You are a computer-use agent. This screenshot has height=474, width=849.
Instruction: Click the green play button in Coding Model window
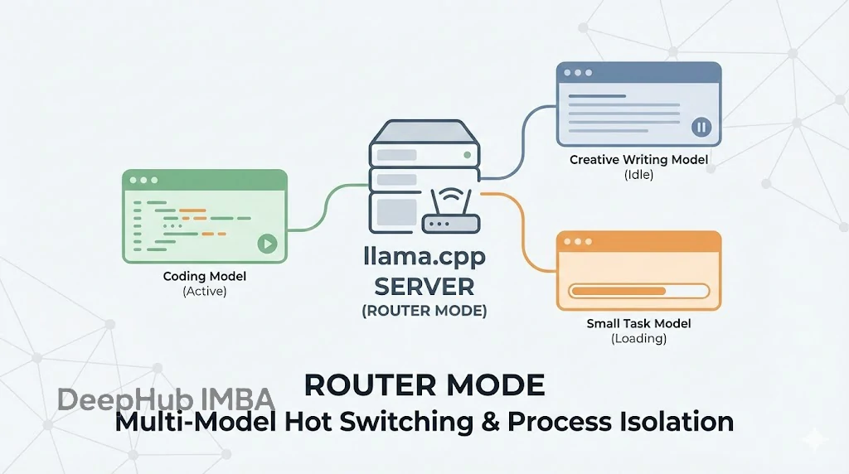pyautogui.click(x=266, y=244)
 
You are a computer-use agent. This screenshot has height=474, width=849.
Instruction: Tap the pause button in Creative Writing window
pyautogui.click(x=701, y=127)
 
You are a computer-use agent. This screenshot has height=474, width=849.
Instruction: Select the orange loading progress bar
pyautogui.click(x=638, y=291)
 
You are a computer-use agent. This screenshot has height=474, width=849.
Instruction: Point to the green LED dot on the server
pyautogui.click(x=469, y=154)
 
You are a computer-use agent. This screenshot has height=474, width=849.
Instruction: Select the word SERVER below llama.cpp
pyautogui.click(x=424, y=287)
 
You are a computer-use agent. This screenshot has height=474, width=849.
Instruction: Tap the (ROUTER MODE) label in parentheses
pyautogui.click(x=424, y=312)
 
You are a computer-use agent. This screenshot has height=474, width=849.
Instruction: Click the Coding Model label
pyautogui.click(x=205, y=277)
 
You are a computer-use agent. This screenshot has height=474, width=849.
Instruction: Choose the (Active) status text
pyautogui.click(x=205, y=292)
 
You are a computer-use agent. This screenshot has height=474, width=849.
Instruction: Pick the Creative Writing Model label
pyautogui.click(x=638, y=160)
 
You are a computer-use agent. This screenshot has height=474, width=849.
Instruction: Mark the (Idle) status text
pyautogui.click(x=638, y=175)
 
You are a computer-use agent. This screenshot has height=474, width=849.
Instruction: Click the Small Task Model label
pyautogui.click(x=638, y=324)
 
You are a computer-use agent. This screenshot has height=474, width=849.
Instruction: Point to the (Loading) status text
pyautogui.click(x=638, y=339)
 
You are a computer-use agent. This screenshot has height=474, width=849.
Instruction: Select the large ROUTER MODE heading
pyautogui.click(x=424, y=385)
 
